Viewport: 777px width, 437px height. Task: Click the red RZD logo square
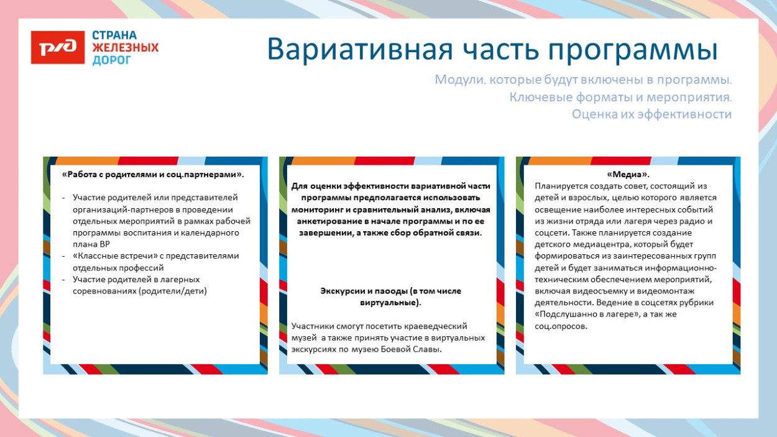tap(58, 47)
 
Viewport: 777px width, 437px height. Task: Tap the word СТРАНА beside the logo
tap(114, 35)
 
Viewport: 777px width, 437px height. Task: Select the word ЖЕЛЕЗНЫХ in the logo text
tap(125, 47)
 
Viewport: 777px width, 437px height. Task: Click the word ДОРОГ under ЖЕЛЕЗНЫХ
tap(112, 60)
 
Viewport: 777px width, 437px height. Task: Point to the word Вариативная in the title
tap(360, 49)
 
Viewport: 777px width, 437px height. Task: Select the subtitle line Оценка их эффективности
tap(652, 114)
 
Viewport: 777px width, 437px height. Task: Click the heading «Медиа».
tap(628, 174)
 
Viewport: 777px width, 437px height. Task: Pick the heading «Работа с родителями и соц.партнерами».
tap(153, 174)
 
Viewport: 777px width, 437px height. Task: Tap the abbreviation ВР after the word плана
tap(105, 244)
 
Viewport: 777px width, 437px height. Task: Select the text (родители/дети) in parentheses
tap(173, 291)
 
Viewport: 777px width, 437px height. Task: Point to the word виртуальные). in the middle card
tap(390, 303)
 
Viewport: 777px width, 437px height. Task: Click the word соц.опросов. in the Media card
tap(561, 326)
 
